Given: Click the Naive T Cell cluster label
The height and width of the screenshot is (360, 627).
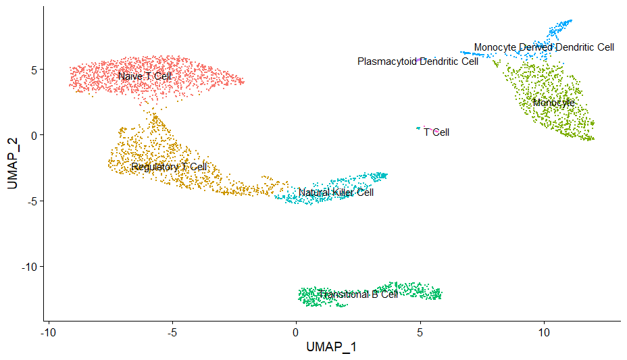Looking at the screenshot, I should pos(145,76).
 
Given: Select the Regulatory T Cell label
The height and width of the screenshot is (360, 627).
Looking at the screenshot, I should pos(169,167).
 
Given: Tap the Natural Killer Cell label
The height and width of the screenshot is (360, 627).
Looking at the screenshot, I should pos(336,192).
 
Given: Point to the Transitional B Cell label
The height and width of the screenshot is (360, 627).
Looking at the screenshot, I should pos(358,294).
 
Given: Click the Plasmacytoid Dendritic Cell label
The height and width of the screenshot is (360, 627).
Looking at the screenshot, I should pos(418,61).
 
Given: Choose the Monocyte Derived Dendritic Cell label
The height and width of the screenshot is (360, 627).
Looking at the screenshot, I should pos(544,47).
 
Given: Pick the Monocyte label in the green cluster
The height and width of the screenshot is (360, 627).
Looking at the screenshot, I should pos(553,103).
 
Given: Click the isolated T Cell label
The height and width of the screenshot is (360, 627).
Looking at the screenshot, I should pos(436,132).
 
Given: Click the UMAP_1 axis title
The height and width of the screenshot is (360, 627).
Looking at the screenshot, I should pos(331,347).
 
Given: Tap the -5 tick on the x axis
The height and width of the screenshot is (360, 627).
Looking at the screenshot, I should pos(172,333).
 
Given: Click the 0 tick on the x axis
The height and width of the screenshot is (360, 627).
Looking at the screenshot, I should pos(296,333).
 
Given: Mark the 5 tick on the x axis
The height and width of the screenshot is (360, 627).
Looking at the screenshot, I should pos(420,333).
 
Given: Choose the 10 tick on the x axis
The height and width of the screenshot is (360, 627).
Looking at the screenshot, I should pos(544,333).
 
